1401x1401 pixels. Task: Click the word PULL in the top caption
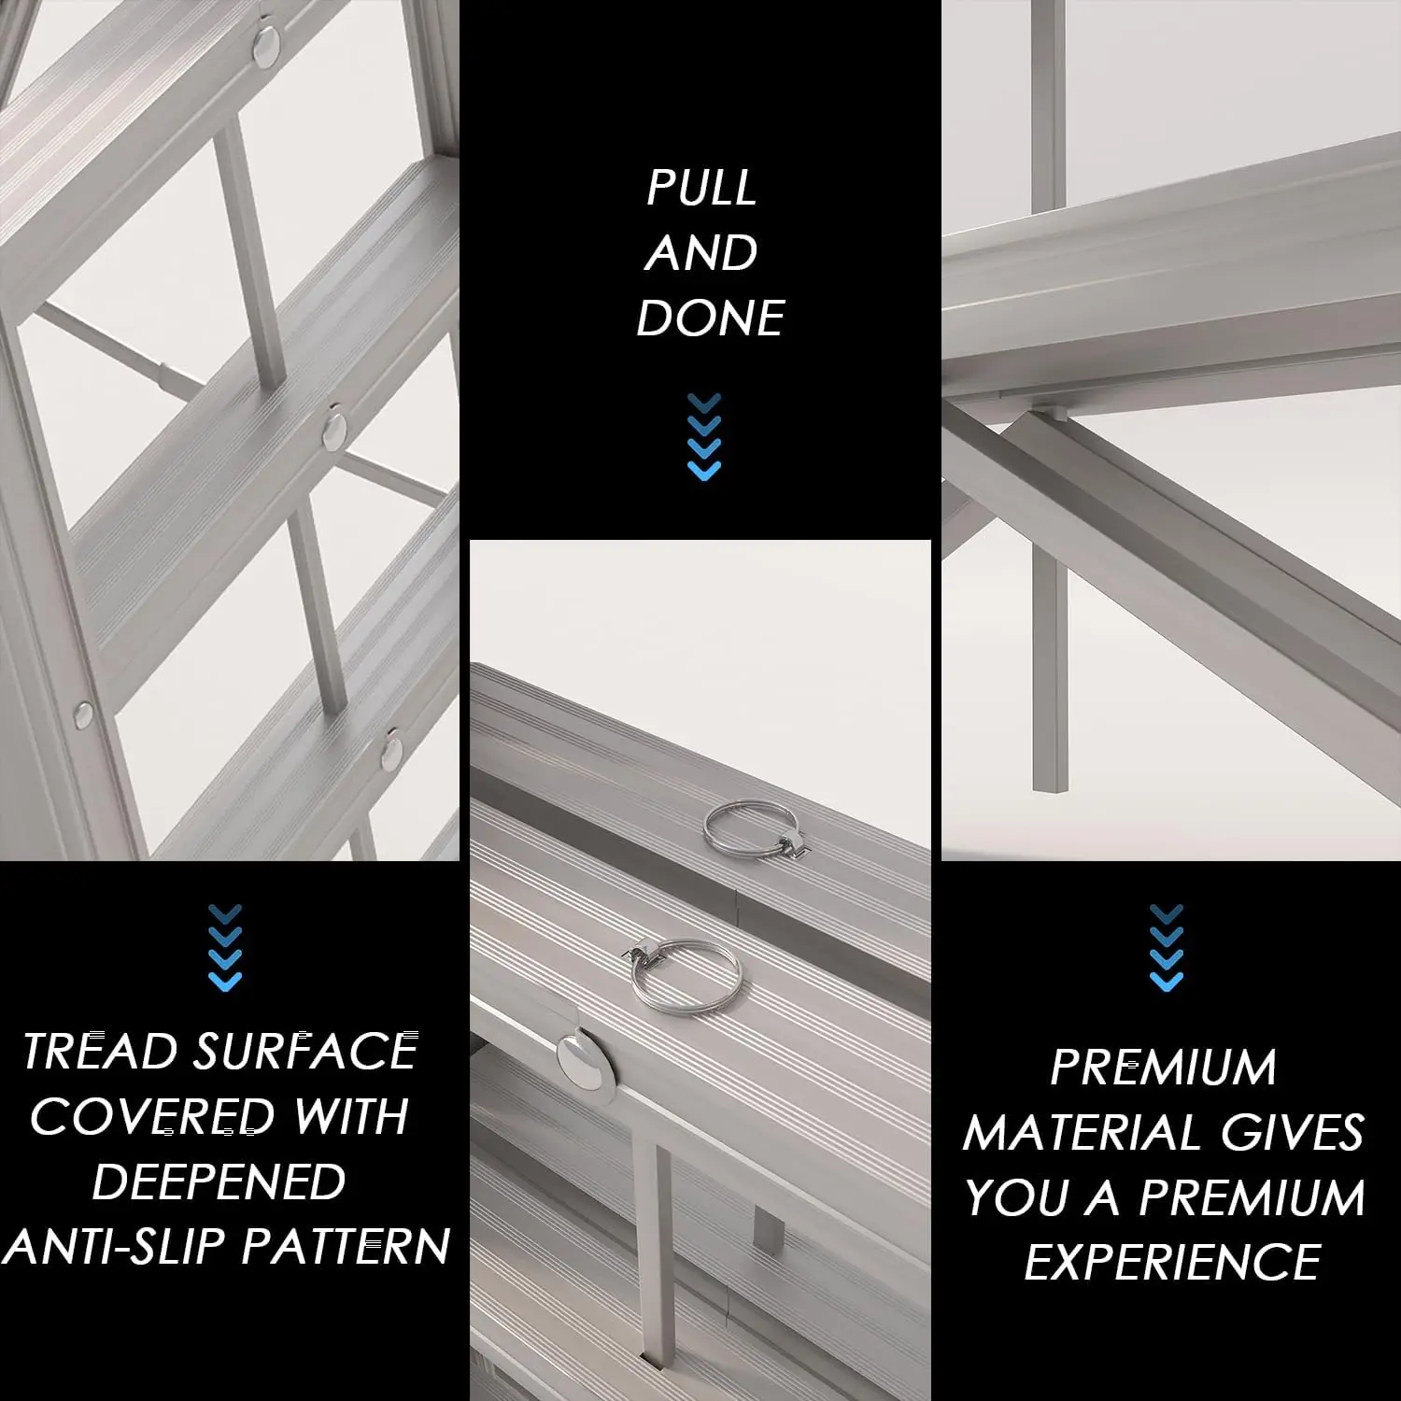pyautogui.click(x=701, y=188)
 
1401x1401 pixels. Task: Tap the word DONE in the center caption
pyautogui.click(x=710, y=318)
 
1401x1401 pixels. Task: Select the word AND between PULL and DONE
pyautogui.click(x=700, y=253)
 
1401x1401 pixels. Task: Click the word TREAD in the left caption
pyautogui.click(x=100, y=1052)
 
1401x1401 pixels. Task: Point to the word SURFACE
pyautogui.click(x=305, y=1052)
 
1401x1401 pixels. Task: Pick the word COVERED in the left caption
pyautogui.click(x=152, y=1117)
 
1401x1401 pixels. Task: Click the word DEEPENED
pyautogui.click(x=219, y=1182)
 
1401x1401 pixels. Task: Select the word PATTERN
pyautogui.click(x=347, y=1247)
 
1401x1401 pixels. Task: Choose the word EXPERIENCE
pyautogui.click(x=1172, y=1263)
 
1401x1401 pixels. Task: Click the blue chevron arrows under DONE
pyautogui.click(x=704, y=437)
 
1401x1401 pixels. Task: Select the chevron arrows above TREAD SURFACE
pyautogui.click(x=225, y=947)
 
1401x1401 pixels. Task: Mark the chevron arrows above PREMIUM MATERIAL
pyautogui.click(x=1167, y=947)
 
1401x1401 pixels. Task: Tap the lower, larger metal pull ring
pyautogui.click(x=685, y=974)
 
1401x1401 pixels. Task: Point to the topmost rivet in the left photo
pyautogui.click(x=266, y=45)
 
